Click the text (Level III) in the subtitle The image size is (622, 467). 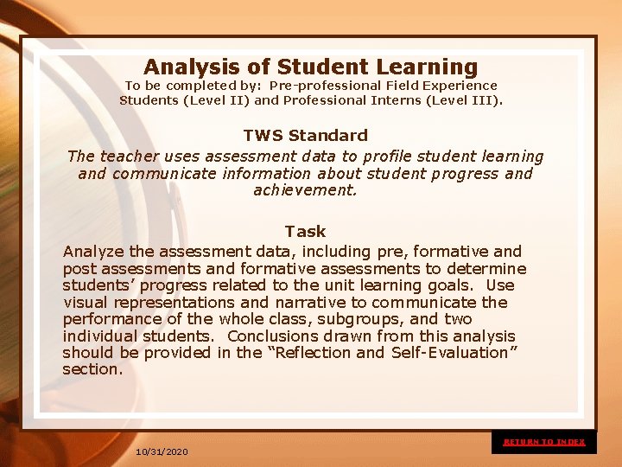coord(466,100)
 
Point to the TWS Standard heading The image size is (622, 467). coord(306,136)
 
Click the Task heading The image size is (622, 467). coord(306,232)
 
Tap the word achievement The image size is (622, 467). coord(305,189)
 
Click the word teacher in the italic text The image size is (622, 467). coord(127,157)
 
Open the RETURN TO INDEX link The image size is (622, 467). coord(544,442)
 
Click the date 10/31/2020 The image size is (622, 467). coord(162,452)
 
